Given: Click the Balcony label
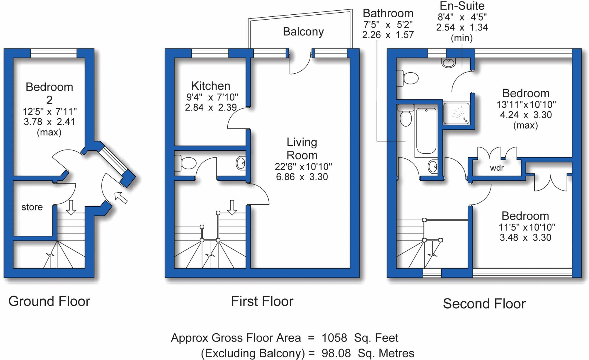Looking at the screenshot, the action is [303, 32].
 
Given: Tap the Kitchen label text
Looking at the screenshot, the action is [211, 86].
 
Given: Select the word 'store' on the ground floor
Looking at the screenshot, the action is [32, 207].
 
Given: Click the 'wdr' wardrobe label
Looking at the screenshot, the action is [497, 168].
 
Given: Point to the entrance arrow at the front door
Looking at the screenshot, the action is [121, 198].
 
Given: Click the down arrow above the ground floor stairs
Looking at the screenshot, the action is [71, 208].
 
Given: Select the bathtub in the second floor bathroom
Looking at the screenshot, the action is [426, 131].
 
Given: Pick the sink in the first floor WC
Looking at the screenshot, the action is [241, 163].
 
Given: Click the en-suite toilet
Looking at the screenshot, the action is [407, 78].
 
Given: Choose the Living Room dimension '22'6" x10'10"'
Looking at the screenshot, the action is [303, 166].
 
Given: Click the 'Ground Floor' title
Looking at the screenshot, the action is [49, 301].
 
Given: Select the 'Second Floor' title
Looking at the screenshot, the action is [484, 304].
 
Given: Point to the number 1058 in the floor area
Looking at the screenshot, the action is [334, 338].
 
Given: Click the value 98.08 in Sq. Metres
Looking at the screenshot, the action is [336, 353].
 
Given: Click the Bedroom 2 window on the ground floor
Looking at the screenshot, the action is [54, 53].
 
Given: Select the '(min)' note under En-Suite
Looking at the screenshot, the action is [462, 38].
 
